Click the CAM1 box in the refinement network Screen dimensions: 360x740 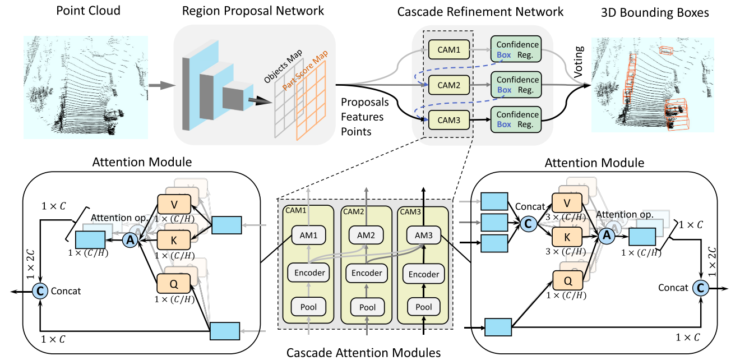click(448, 51)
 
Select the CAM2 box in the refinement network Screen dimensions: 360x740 click(448, 86)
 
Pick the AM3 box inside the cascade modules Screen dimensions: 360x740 click(424, 235)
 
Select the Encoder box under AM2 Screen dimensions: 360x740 click(368, 273)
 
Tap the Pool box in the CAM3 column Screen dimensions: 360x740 click(424, 307)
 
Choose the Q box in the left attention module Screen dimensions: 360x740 click(174, 284)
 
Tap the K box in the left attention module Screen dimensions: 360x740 click(174, 240)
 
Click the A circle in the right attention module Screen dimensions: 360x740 click(605, 237)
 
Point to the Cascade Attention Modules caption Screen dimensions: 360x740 click(364, 352)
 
